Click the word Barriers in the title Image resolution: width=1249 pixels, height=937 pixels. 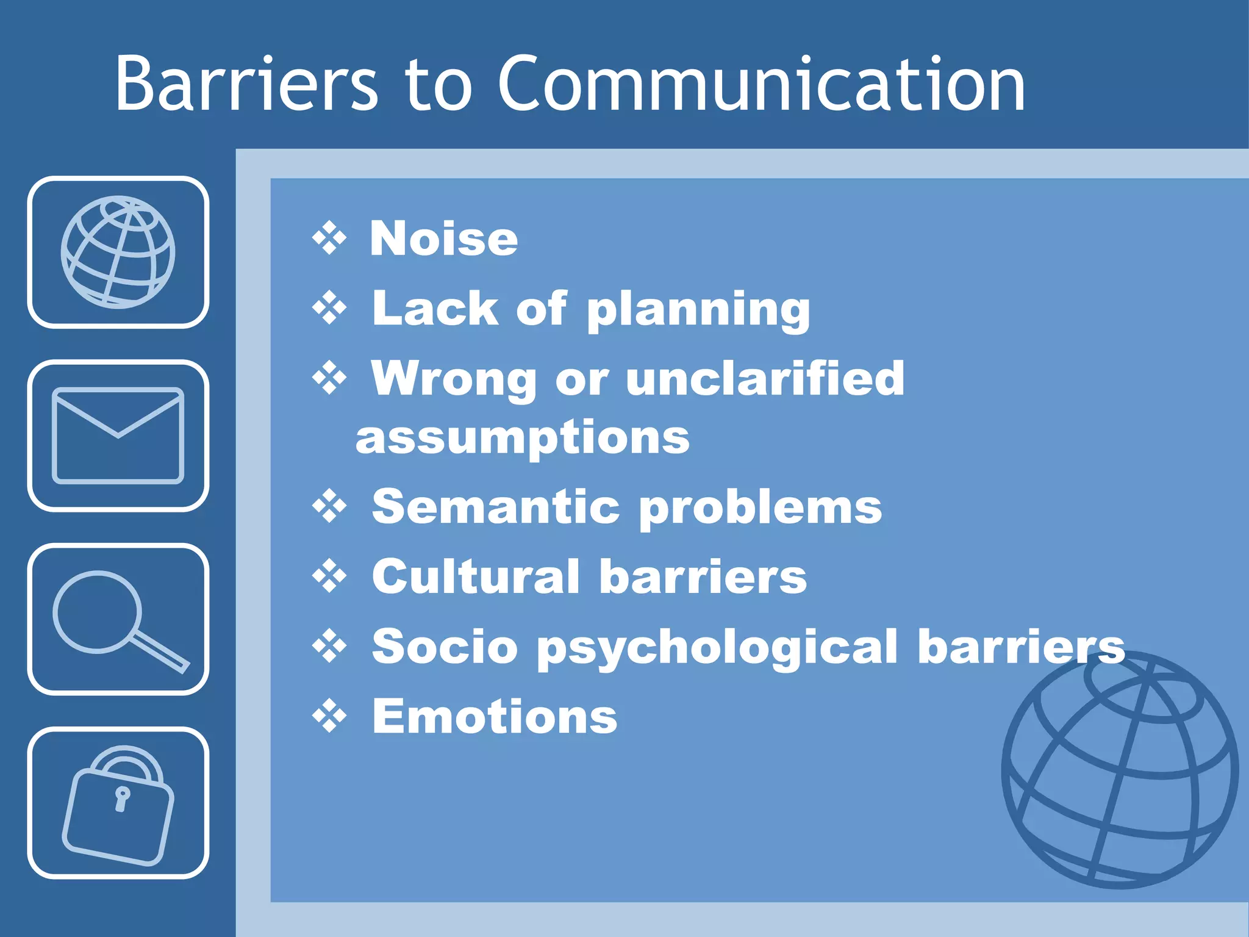246,84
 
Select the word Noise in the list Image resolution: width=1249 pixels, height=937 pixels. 444,239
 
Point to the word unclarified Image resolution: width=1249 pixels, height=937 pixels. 765,378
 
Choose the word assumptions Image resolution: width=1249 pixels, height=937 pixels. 523,438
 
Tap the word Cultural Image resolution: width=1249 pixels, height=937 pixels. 476,576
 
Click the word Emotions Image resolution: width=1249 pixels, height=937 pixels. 495,716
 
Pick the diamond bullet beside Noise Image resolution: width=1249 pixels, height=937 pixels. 329,238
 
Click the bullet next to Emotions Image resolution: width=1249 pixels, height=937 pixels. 329,716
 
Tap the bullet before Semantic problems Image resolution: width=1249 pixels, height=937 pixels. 329,506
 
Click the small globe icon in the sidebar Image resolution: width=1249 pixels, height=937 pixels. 118,252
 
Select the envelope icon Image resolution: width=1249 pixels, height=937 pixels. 118,436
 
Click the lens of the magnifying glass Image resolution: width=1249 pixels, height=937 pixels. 97,611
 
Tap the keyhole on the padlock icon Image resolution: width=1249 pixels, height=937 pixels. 122,798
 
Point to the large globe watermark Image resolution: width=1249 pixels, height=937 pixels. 1120,770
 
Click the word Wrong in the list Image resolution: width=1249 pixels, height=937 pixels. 454,378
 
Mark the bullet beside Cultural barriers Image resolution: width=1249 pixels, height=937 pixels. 329,576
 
